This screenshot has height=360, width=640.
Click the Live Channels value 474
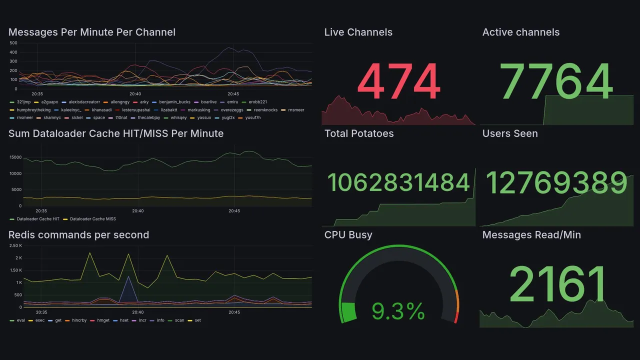point(398,82)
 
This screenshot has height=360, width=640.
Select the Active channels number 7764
point(556,81)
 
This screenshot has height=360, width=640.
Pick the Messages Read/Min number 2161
point(556,284)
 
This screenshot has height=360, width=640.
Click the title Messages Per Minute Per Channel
point(92,32)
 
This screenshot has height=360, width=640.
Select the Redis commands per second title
point(79,235)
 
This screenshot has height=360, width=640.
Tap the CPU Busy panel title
point(348,235)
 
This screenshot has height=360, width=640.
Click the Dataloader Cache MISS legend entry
point(92,219)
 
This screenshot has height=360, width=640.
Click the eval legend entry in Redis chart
point(20,320)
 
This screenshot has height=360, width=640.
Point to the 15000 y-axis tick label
point(15,157)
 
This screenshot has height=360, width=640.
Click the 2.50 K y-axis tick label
point(15,245)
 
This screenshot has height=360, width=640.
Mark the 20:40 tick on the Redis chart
point(138,312)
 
